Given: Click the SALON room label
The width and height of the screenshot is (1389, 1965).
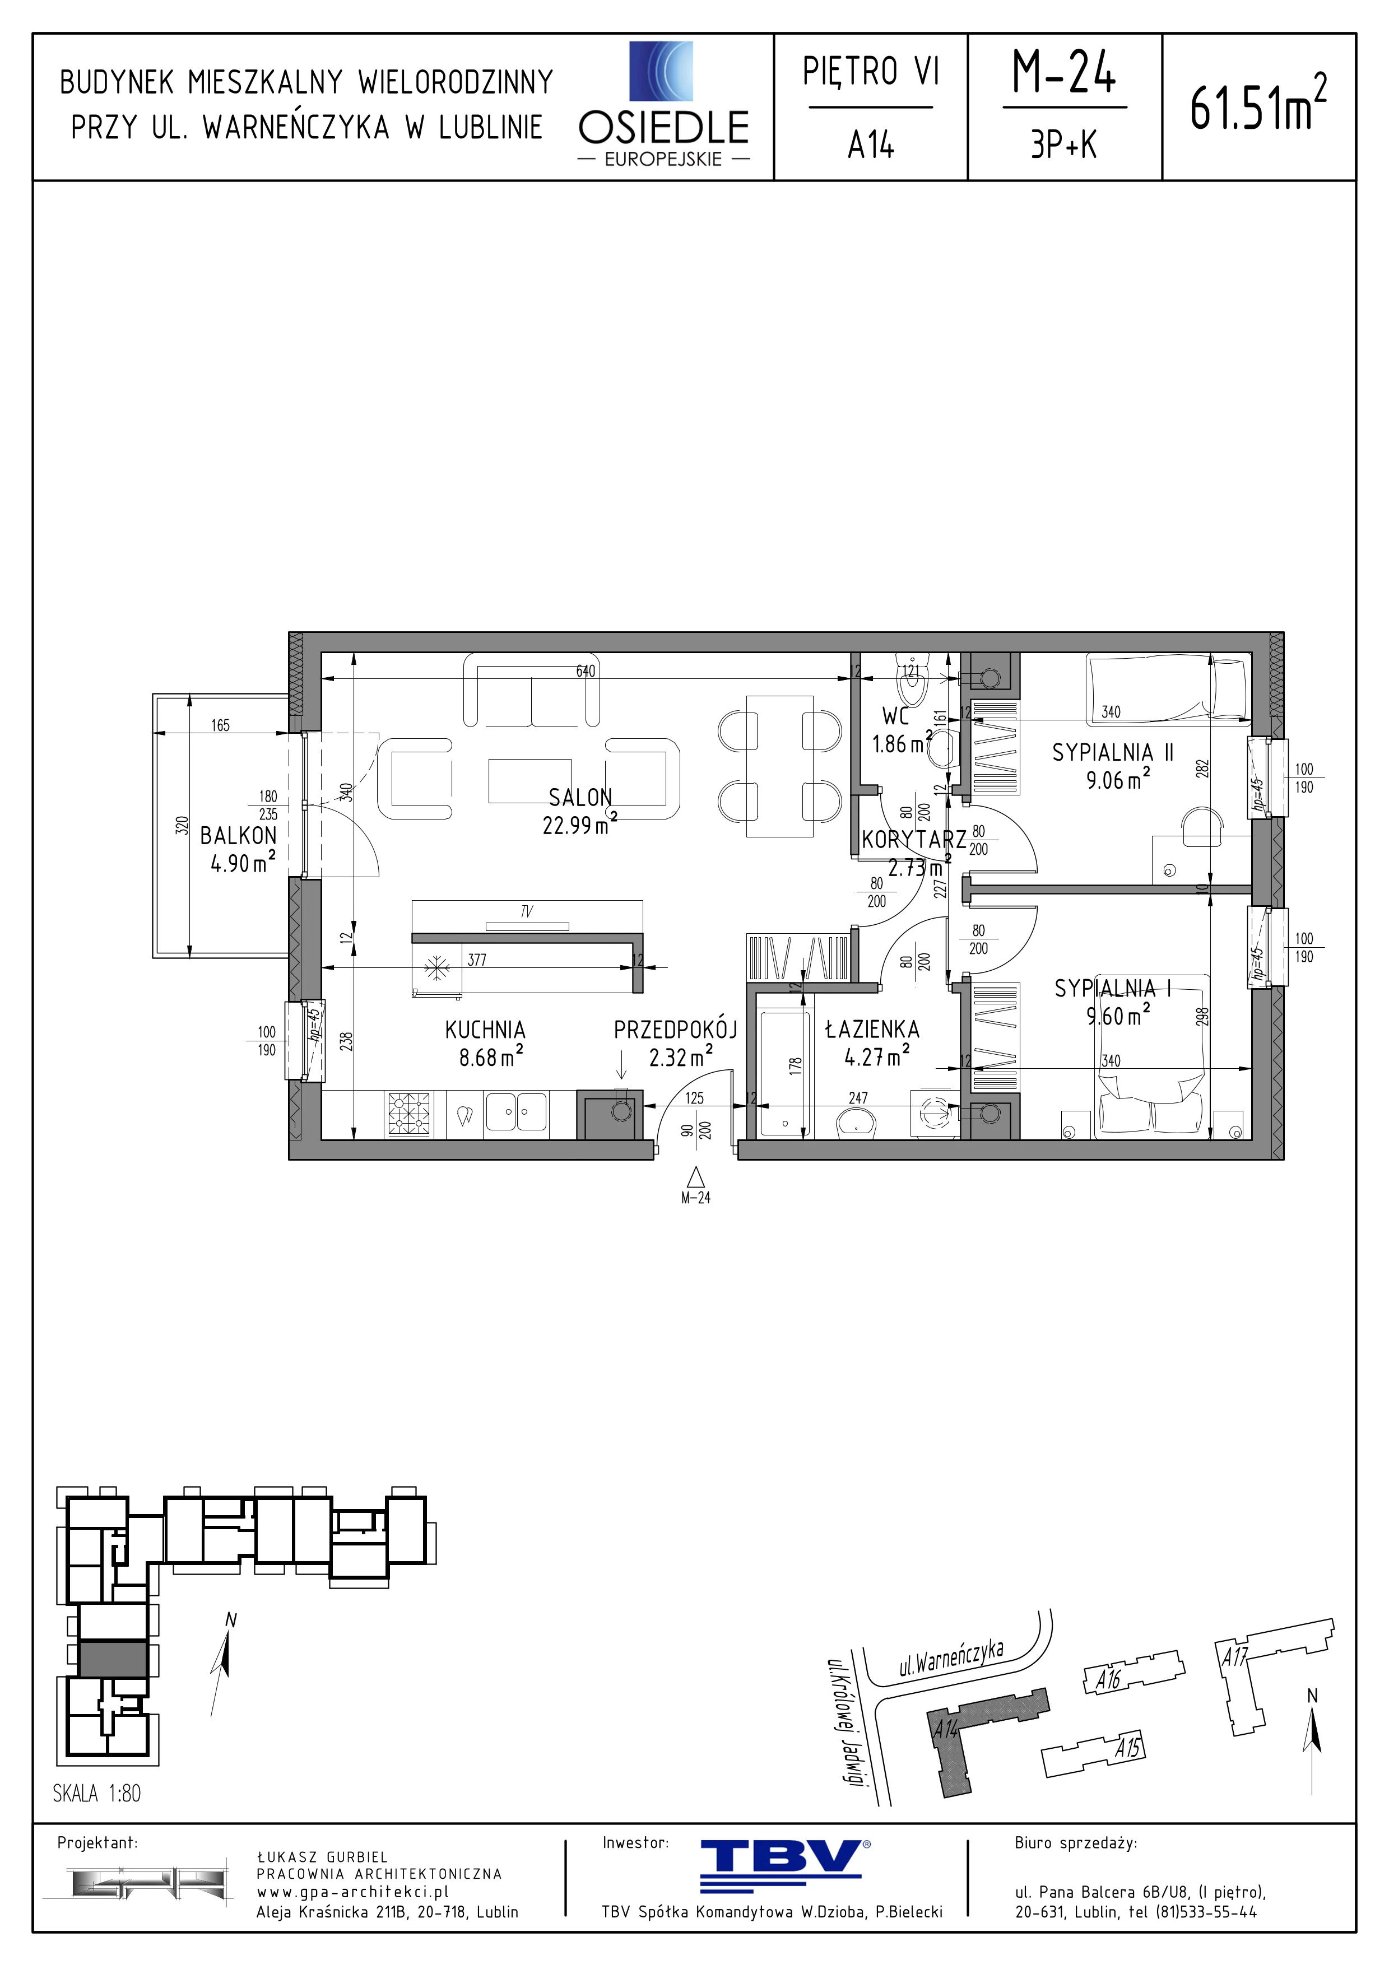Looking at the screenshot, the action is pyautogui.click(x=580, y=798).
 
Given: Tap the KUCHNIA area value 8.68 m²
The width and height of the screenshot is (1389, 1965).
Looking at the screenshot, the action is pyautogui.click(x=491, y=1057).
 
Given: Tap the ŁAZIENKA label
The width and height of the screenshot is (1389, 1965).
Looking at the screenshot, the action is pyautogui.click(x=872, y=1030).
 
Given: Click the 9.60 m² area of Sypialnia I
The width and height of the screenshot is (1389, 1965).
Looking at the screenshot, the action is pyautogui.click(x=1118, y=1016).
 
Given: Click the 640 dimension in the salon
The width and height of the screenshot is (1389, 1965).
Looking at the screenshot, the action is pyautogui.click(x=586, y=672).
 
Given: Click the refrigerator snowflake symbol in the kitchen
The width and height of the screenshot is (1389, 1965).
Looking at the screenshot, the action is pyautogui.click(x=438, y=969).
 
